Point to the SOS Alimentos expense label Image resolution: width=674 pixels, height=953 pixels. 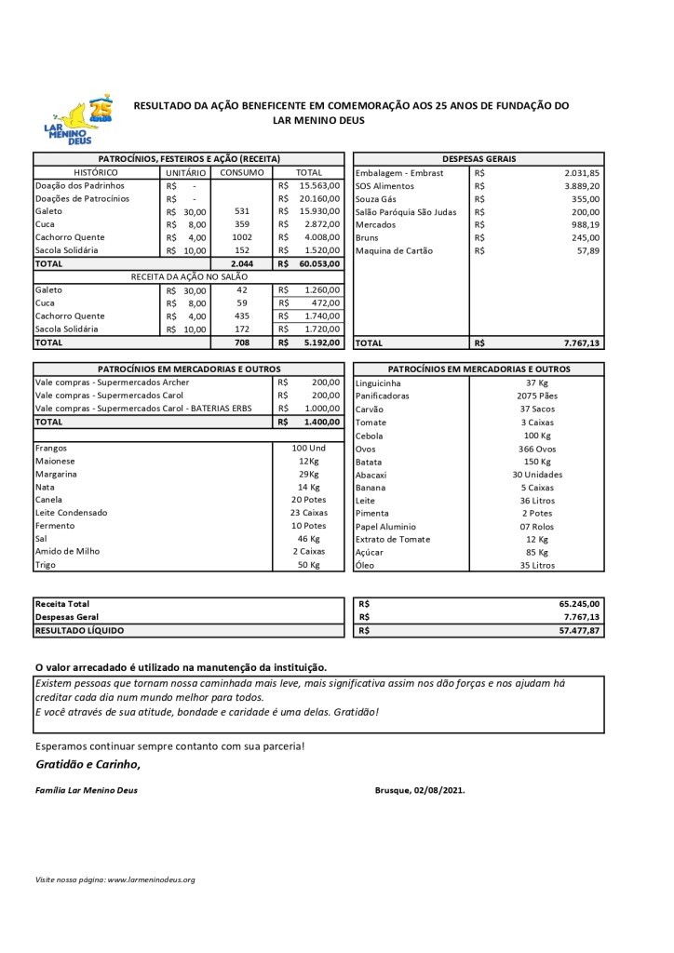385,185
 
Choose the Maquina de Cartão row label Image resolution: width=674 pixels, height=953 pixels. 395,250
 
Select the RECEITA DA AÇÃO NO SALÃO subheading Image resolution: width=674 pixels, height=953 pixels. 189,276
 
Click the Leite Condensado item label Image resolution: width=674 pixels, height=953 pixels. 71,512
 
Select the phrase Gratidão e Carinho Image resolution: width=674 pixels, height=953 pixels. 88,764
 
